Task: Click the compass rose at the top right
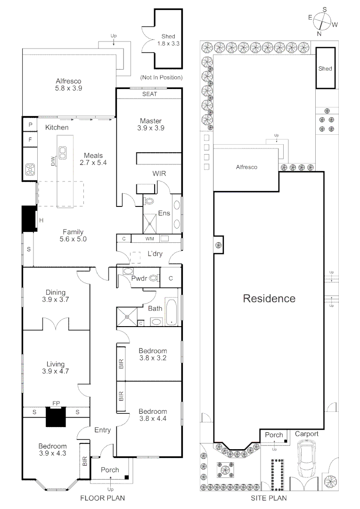322,21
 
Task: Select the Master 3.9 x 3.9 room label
148,124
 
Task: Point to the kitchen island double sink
63,152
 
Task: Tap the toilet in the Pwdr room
153,279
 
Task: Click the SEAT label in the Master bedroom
149,94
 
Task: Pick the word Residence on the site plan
269,298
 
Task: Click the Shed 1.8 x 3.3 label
168,40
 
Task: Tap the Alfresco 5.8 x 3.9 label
69,83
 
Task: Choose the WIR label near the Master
159,173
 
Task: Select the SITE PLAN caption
269,497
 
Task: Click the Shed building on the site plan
325,68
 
